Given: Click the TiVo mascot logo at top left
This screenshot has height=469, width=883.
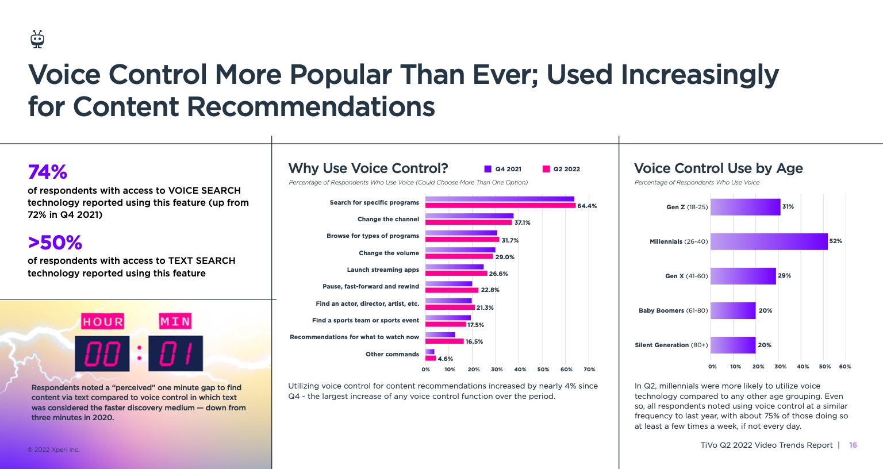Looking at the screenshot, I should pyautogui.click(x=37, y=39).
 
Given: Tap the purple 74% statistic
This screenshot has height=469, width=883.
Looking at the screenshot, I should pyautogui.click(x=48, y=172).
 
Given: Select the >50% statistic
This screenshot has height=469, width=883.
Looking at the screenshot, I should pyautogui.click(x=55, y=243).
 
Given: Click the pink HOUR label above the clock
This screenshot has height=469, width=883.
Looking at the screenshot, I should pyautogui.click(x=103, y=321).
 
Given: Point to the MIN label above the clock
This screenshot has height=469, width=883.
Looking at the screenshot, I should pyautogui.click(x=175, y=321).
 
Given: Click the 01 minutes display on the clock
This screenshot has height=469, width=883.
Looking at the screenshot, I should pyautogui.click(x=175, y=353).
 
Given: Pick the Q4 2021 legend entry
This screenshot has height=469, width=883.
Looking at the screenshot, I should pyautogui.click(x=503, y=169).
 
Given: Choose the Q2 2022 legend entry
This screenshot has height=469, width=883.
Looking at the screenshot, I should pyautogui.click(x=561, y=169).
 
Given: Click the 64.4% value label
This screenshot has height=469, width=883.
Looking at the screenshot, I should pyautogui.click(x=587, y=206).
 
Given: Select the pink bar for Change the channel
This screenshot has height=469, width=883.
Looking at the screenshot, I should pyautogui.click(x=469, y=222).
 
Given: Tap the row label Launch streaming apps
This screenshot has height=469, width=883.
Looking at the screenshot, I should pyautogui.click(x=383, y=270).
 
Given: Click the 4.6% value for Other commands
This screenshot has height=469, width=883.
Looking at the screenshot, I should pyautogui.click(x=446, y=359).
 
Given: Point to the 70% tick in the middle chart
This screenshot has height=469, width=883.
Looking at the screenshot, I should pyautogui.click(x=589, y=370).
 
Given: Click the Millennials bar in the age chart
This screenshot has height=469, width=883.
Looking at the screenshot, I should pyautogui.click(x=769, y=241).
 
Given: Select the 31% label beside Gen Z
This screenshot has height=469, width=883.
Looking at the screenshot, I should pyautogui.click(x=788, y=206).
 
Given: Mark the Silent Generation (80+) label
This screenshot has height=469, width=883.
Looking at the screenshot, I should pyautogui.click(x=671, y=345).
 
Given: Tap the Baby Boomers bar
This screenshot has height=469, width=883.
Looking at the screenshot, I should pyautogui.click(x=733, y=310).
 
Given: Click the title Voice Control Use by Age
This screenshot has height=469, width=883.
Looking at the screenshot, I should pyautogui.click(x=718, y=168).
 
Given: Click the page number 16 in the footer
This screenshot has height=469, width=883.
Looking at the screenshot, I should pyautogui.click(x=853, y=445).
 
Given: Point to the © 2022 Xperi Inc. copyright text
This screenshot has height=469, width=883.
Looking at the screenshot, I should pyautogui.click(x=53, y=449).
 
